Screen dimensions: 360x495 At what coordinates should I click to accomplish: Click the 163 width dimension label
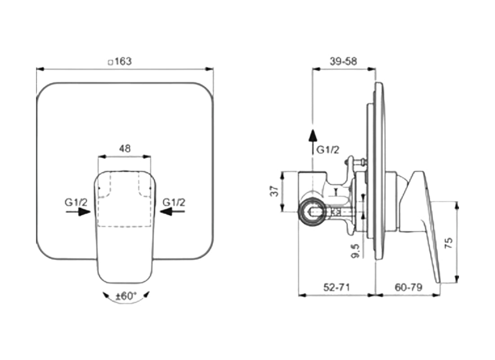point(123,61)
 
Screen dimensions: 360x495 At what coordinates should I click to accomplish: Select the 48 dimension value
point(125,149)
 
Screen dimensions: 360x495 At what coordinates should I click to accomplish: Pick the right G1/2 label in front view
point(174,202)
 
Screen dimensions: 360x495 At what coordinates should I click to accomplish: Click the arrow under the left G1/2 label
point(78,212)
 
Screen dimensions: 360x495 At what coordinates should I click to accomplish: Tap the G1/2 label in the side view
point(328,150)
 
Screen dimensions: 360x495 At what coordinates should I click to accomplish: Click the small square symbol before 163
point(111,62)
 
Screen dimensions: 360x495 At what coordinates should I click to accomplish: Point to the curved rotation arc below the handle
point(126,302)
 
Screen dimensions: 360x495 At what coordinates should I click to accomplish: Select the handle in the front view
point(125,225)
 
